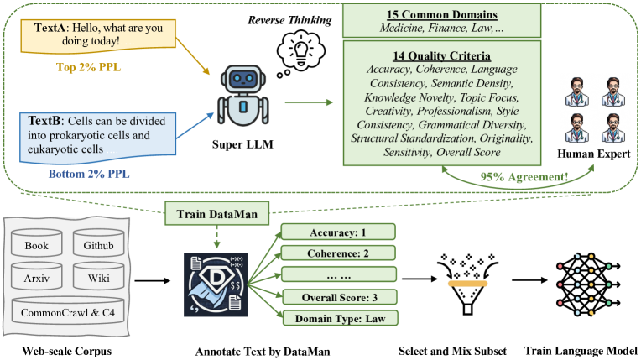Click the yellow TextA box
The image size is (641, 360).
tap(98, 36)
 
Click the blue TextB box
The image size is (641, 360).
tap(97, 138)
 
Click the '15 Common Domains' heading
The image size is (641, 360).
tap(442, 15)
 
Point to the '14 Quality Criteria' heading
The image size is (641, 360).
tap(442, 55)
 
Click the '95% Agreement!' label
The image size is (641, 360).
tap(524, 177)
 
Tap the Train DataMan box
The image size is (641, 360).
tap(217, 213)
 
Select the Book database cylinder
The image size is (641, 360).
tap(37, 243)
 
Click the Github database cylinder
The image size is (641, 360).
tap(98, 243)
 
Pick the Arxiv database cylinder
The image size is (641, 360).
tap(37, 276)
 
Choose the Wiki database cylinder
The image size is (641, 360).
tap(98, 276)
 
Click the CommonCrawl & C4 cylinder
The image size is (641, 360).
tap(68, 310)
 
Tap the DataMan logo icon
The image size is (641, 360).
tap(216, 284)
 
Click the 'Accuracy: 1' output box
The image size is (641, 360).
tap(338, 232)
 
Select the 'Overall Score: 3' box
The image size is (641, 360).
tap(339, 297)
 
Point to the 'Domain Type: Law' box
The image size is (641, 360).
tap(340, 318)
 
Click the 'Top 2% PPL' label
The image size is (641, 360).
tap(89, 67)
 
